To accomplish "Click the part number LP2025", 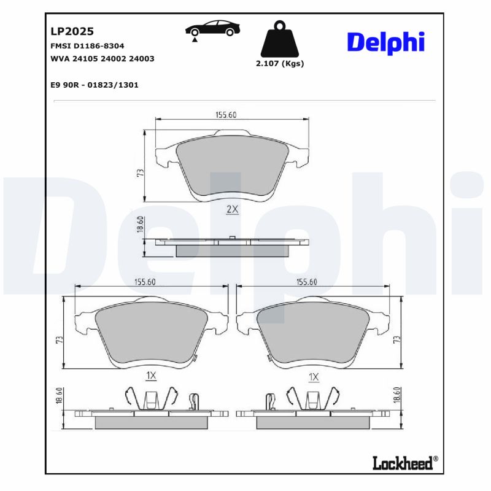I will click(71, 31).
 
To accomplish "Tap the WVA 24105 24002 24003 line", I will click(101, 59).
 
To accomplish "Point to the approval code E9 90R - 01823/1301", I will click(94, 85).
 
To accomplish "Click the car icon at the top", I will click(213, 29).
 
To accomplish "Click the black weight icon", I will click(279, 39).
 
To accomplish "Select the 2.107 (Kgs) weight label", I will click(279, 63).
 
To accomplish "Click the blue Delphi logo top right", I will click(385, 42).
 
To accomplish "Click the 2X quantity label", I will click(232, 209).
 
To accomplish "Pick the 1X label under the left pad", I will click(152, 376).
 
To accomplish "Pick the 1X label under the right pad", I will click(314, 376).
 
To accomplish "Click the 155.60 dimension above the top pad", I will click(226, 115).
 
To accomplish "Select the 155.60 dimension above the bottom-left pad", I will click(145, 282).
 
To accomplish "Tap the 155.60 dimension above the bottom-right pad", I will click(306, 282).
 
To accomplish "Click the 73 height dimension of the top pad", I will click(140, 173).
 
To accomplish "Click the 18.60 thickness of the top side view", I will click(140, 225).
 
